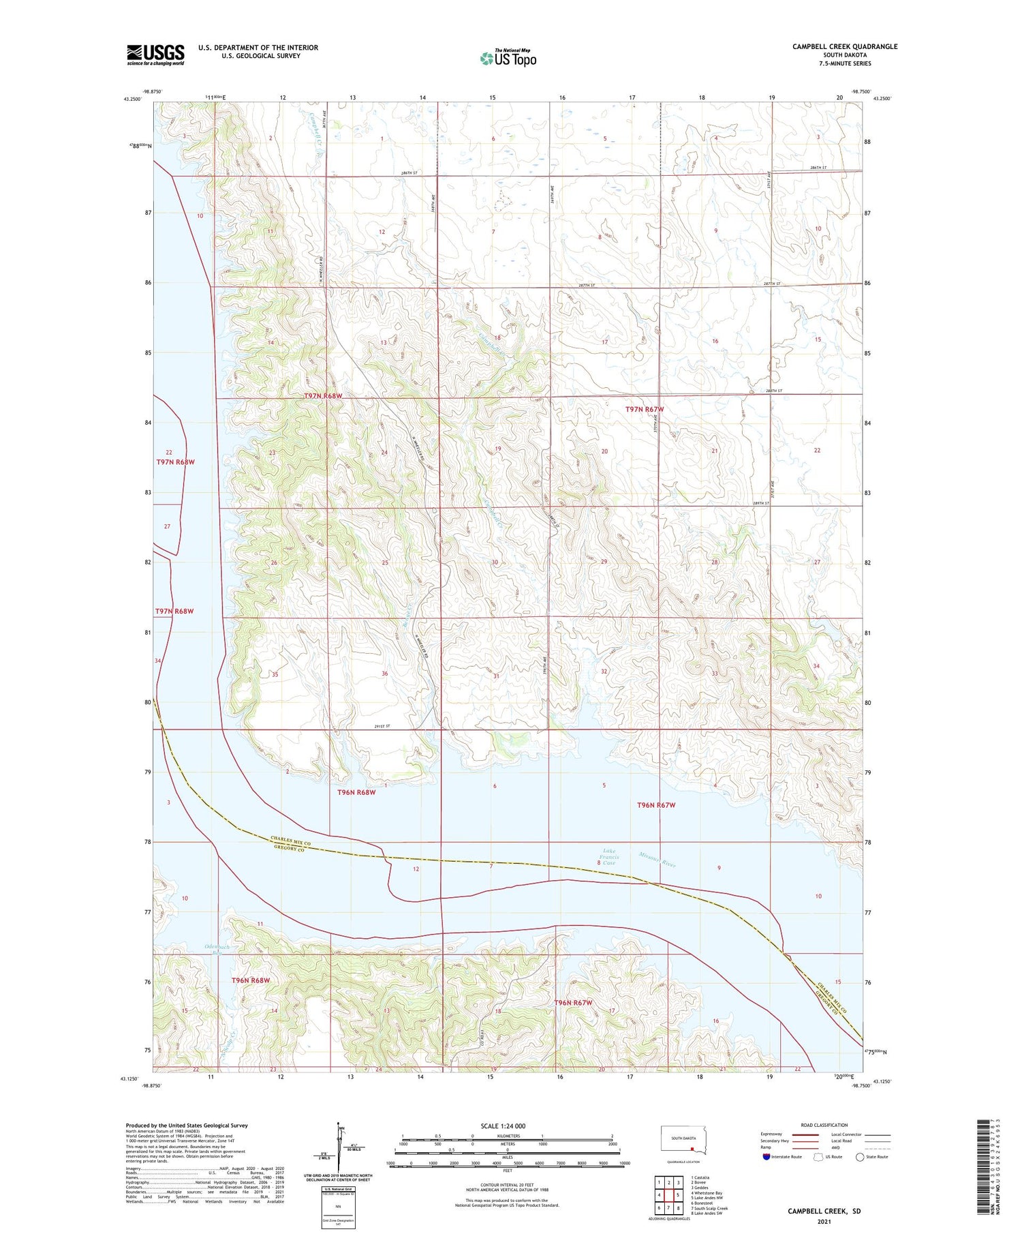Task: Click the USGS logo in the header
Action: tap(155, 55)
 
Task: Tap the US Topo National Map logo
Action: tap(508, 59)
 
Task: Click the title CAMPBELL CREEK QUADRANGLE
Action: tap(844, 47)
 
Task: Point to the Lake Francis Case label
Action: tap(608, 857)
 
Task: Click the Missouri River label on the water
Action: tap(657, 860)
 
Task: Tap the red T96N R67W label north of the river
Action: tap(655, 805)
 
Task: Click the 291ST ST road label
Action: tap(386, 727)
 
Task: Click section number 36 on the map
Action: tap(385, 674)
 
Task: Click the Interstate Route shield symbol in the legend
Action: tap(766, 1156)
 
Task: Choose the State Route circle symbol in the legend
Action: tap(860, 1156)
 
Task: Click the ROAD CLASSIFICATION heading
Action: tap(824, 1125)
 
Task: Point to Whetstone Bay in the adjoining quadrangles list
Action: tap(708, 1193)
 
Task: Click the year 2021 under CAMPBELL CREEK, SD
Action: tap(824, 1222)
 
